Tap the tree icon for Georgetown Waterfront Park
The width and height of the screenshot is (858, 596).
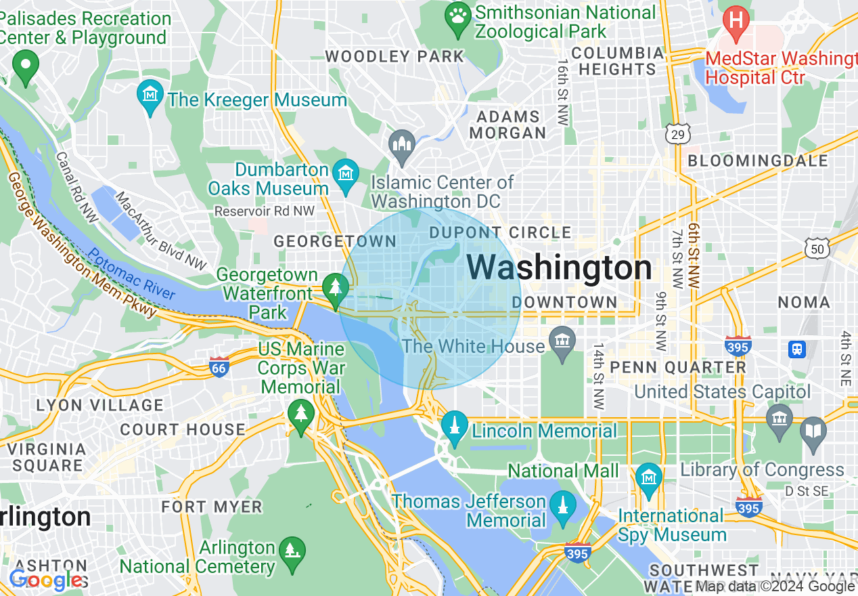click(334, 286)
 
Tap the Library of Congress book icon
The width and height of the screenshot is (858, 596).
click(813, 429)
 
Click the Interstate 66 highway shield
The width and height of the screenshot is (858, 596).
click(219, 368)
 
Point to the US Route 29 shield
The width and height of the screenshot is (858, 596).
click(677, 133)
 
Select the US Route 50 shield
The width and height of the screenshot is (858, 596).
click(817, 248)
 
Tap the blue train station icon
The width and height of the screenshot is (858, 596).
click(797, 349)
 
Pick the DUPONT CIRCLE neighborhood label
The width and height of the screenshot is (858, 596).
click(500, 233)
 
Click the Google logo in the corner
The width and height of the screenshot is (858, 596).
click(46, 580)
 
